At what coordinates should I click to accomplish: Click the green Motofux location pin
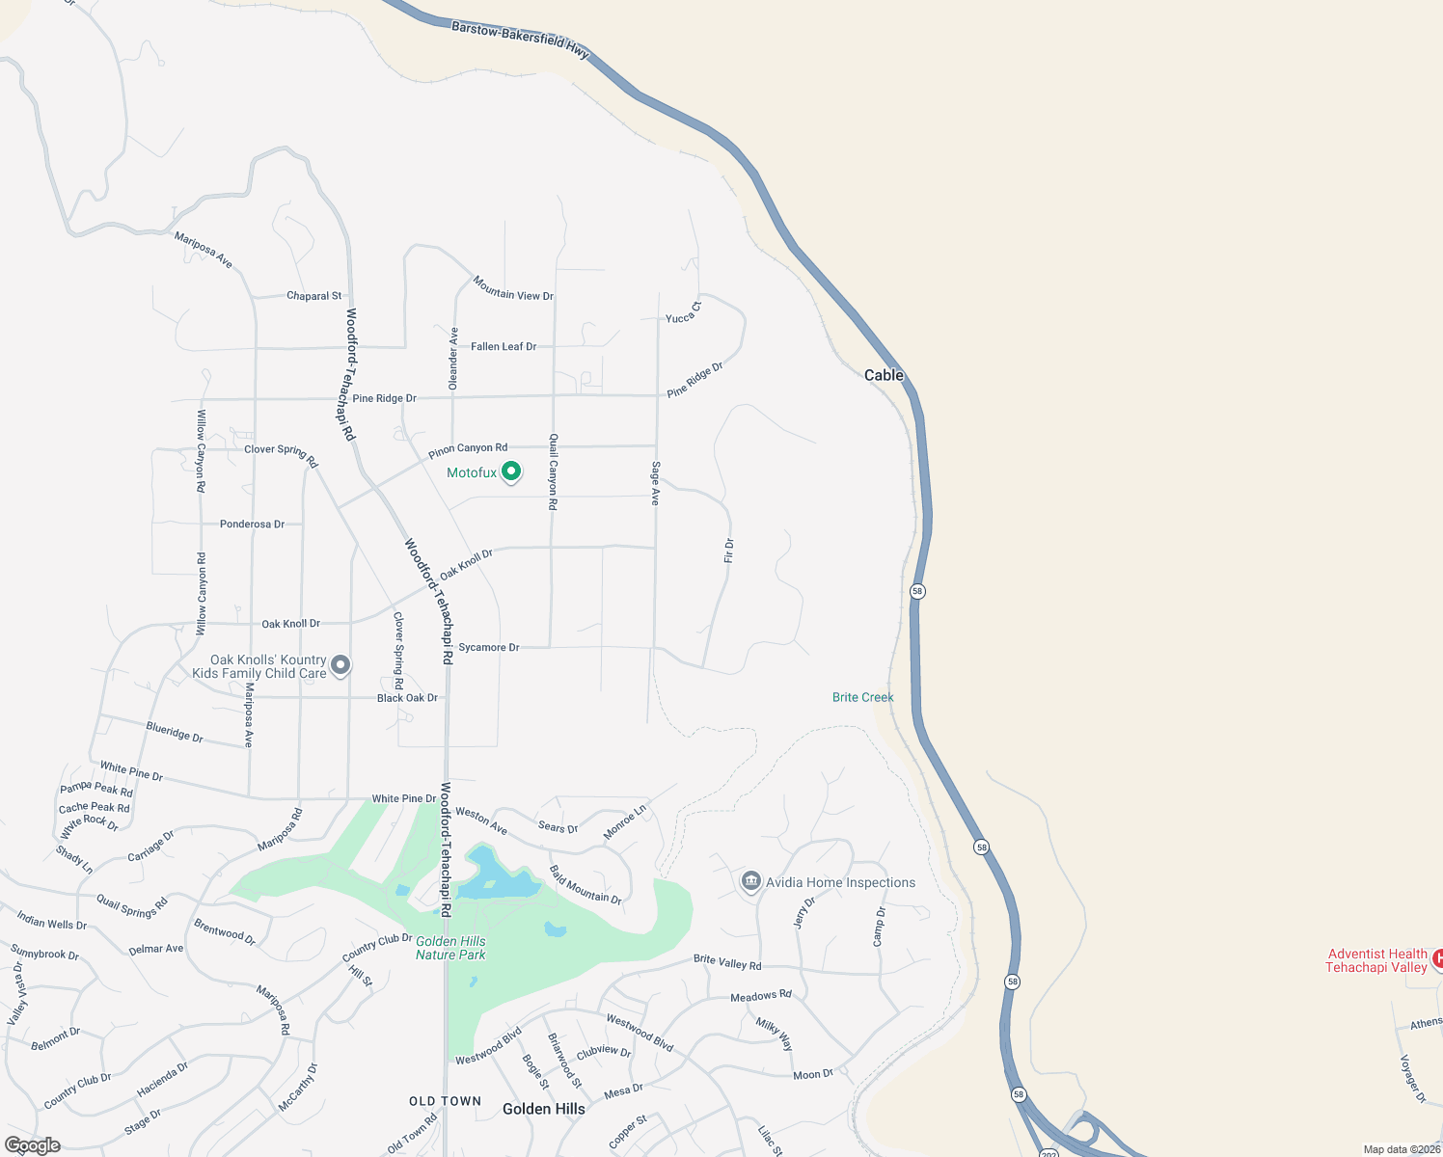click(512, 471)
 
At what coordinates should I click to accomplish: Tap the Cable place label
click(884, 375)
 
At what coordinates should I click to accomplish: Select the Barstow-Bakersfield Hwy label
click(520, 40)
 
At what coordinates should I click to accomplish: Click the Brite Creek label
click(862, 697)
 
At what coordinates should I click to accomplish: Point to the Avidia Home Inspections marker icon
click(751, 881)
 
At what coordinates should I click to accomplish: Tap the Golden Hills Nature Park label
click(450, 948)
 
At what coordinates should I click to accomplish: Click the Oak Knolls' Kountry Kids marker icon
click(340, 665)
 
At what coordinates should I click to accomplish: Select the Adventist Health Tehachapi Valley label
click(1376, 960)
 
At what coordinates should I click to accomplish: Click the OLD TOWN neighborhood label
click(445, 1101)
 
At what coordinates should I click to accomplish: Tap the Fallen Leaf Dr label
click(504, 346)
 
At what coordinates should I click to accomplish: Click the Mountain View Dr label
click(513, 288)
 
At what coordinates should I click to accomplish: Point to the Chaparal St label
click(313, 296)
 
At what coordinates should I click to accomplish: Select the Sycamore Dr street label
click(489, 647)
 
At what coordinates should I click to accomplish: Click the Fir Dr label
click(729, 551)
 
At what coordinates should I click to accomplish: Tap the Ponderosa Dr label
click(252, 525)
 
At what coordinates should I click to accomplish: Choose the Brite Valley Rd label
click(727, 962)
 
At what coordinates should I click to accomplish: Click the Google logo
click(33, 1145)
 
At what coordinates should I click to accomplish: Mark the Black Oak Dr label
click(407, 698)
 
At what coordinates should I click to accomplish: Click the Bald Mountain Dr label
click(585, 885)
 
